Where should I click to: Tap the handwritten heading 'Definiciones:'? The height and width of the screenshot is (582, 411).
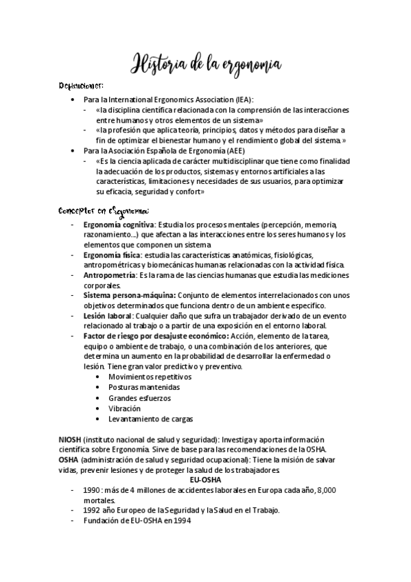click(80, 86)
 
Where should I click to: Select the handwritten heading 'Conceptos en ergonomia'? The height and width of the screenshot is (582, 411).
click(104, 210)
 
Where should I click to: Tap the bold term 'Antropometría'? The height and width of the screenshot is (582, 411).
click(110, 275)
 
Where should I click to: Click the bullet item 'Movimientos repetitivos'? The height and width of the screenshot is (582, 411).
click(150, 377)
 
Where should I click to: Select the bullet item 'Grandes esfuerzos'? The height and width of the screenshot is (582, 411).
click(139, 397)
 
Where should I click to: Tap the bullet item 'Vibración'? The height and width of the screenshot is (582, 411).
click(124, 408)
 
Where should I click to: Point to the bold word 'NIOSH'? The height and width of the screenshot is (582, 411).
click(70, 439)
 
